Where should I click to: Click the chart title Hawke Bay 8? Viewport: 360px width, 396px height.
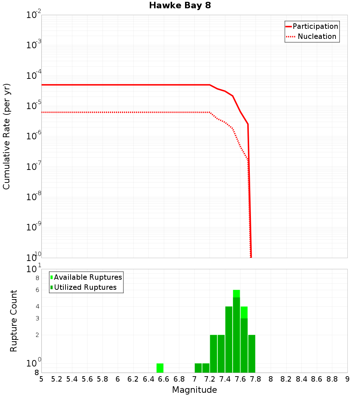(180, 6)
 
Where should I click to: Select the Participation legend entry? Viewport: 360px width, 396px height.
(312, 26)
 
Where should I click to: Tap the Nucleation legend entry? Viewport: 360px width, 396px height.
(312, 36)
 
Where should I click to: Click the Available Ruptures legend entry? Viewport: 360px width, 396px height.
(86, 277)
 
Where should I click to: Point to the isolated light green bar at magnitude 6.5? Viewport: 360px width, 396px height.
(160, 368)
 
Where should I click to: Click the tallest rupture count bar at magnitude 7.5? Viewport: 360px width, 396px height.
(236, 331)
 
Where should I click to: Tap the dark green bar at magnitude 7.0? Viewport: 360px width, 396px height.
(198, 368)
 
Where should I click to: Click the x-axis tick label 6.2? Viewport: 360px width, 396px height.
(133, 379)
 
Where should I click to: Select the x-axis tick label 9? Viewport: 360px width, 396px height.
(347, 379)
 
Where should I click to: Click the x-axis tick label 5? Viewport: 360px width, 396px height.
(41, 379)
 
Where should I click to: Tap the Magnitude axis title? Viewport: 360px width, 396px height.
(194, 390)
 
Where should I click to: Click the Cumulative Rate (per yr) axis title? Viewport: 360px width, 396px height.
(6, 136)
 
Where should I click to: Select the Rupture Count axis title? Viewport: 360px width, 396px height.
(14, 320)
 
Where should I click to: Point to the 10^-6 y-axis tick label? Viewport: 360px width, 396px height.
(34, 135)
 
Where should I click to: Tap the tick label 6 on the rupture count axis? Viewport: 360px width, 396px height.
(37, 290)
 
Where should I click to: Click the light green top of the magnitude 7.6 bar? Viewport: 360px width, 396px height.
(244, 312)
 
